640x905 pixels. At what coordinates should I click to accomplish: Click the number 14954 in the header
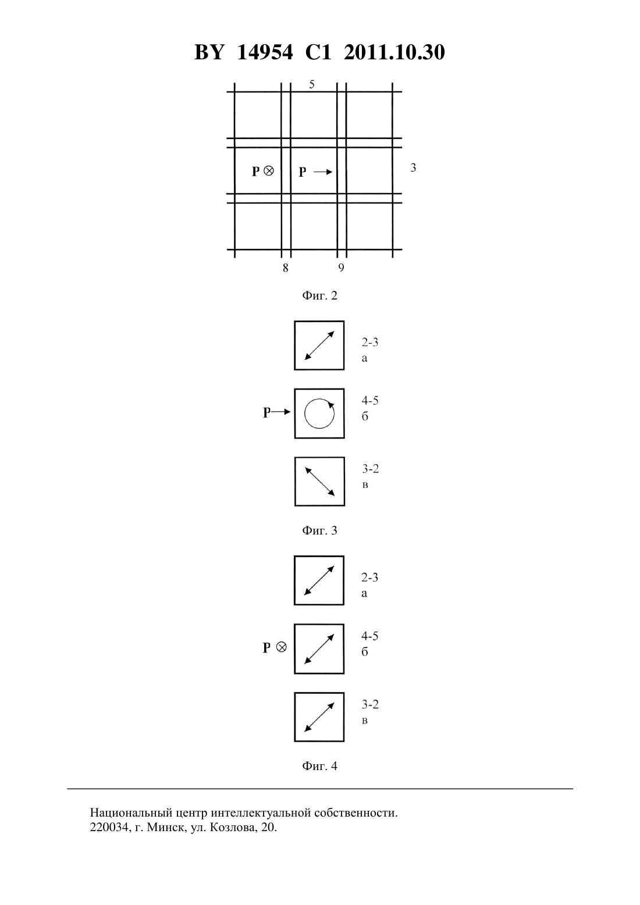(x=265, y=52)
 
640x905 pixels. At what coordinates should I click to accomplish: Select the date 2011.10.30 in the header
(x=394, y=52)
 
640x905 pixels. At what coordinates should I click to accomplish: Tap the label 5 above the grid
(x=311, y=84)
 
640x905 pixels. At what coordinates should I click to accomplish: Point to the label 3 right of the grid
(x=413, y=168)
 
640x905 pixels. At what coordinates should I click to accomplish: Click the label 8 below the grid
(x=285, y=268)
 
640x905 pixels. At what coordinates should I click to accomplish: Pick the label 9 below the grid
(x=341, y=268)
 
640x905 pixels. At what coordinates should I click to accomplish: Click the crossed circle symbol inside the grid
(x=269, y=171)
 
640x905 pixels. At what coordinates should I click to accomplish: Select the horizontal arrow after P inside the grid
(x=323, y=172)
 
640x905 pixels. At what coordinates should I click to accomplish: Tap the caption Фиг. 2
(x=319, y=295)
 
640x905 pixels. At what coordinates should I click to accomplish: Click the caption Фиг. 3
(x=319, y=530)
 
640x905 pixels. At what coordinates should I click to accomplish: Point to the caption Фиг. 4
(x=319, y=765)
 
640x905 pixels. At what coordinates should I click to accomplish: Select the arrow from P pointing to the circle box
(x=281, y=412)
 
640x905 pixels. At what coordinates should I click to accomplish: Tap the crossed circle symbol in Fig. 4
(x=281, y=647)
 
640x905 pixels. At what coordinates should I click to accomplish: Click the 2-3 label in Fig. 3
(x=369, y=343)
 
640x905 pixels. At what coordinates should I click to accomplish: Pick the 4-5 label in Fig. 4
(x=369, y=636)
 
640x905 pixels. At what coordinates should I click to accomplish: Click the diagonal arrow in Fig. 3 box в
(x=319, y=481)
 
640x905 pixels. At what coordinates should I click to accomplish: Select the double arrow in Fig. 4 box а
(x=319, y=580)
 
